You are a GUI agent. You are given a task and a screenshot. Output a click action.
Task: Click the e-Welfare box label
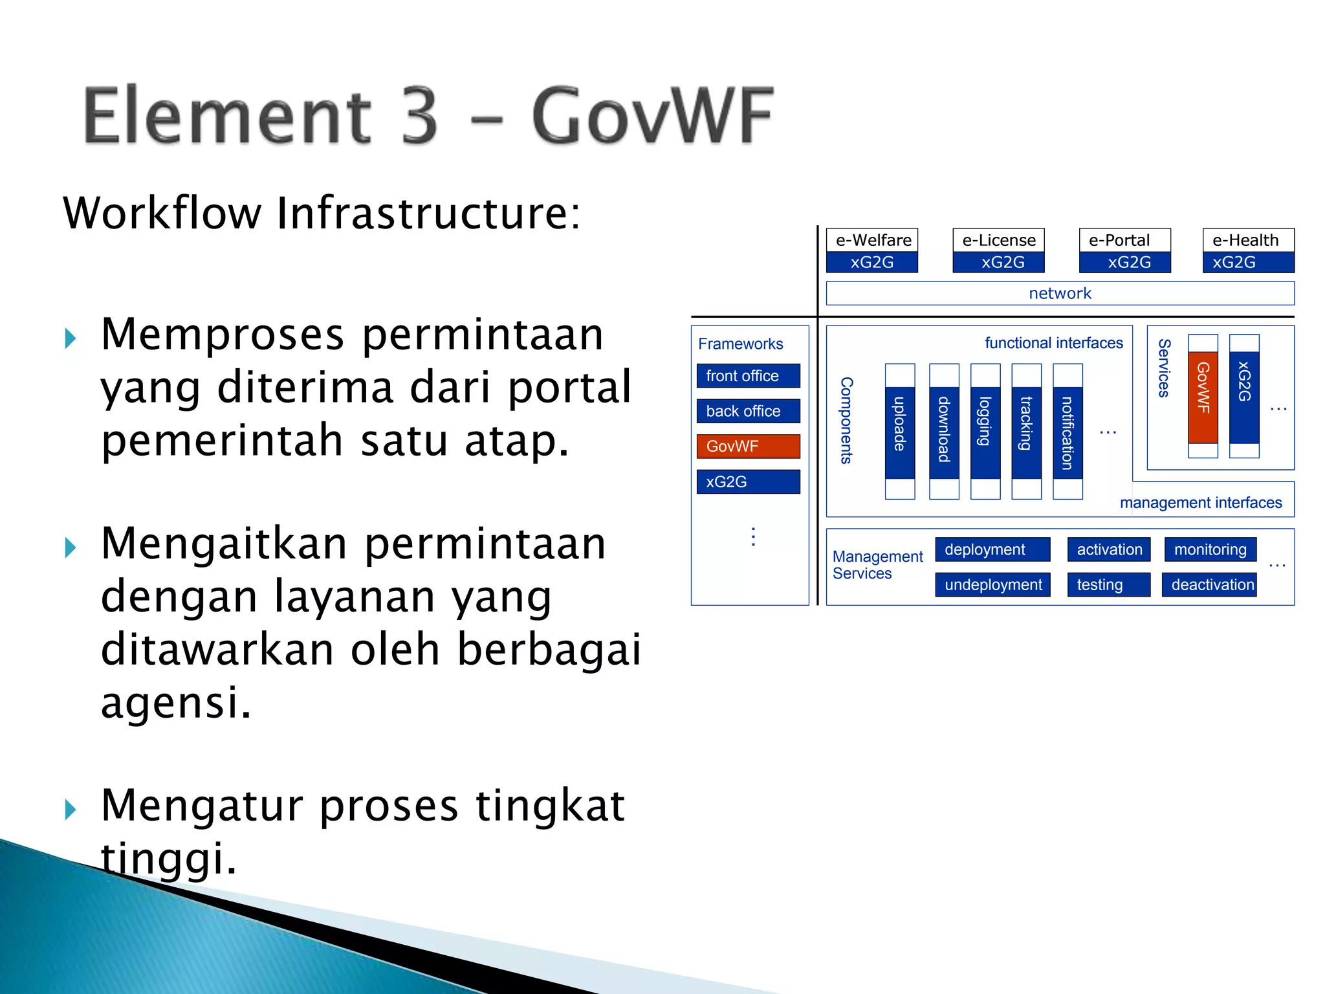pyautogui.click(x=872, y=240)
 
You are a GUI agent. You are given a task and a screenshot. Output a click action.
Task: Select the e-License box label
pyautogui.click(x=998, y=240)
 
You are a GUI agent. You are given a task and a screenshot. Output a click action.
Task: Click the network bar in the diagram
pyautogui.click(x=1060, y=293)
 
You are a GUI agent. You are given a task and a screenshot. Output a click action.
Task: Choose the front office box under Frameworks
pyautogui.click(x=748, y=376)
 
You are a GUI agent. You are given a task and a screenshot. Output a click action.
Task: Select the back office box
pyautogui.click(x=748, y=411)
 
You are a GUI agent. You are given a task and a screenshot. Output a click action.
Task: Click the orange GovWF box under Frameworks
pyautogui.click(x=748, y=446)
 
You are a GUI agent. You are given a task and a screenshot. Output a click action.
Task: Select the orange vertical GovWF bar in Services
pyautogui.click(x=1203, y=396)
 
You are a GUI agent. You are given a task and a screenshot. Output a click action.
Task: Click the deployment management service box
pyautogui.click(x=992, y=549)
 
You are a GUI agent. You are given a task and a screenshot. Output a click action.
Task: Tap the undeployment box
pyautogui.click(x=992, y=584)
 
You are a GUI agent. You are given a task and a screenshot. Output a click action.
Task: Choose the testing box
pyautogui.click(x=1108, y=584)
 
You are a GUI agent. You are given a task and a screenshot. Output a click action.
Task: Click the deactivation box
pyautogui.click(x=1209, y=584)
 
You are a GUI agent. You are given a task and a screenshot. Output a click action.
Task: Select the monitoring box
pyautogui.click(x=1210, y=549)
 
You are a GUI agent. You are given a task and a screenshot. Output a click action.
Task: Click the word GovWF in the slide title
pyautogui.click(x=652, y=116)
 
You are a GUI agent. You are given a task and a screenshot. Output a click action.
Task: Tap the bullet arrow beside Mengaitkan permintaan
pyautogui.click(x=71, y=548)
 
